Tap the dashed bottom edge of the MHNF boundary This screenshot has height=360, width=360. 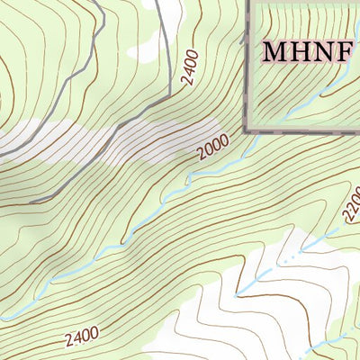(x=306, y=130)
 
